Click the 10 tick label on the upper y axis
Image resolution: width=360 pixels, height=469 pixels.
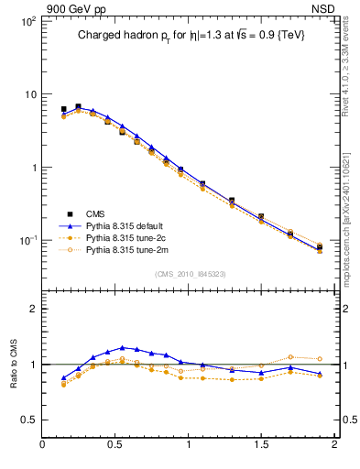29,94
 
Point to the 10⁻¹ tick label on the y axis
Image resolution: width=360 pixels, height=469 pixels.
27,241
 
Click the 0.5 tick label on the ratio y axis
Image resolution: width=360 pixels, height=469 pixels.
28,420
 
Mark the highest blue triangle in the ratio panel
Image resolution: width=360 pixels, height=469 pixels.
122,347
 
